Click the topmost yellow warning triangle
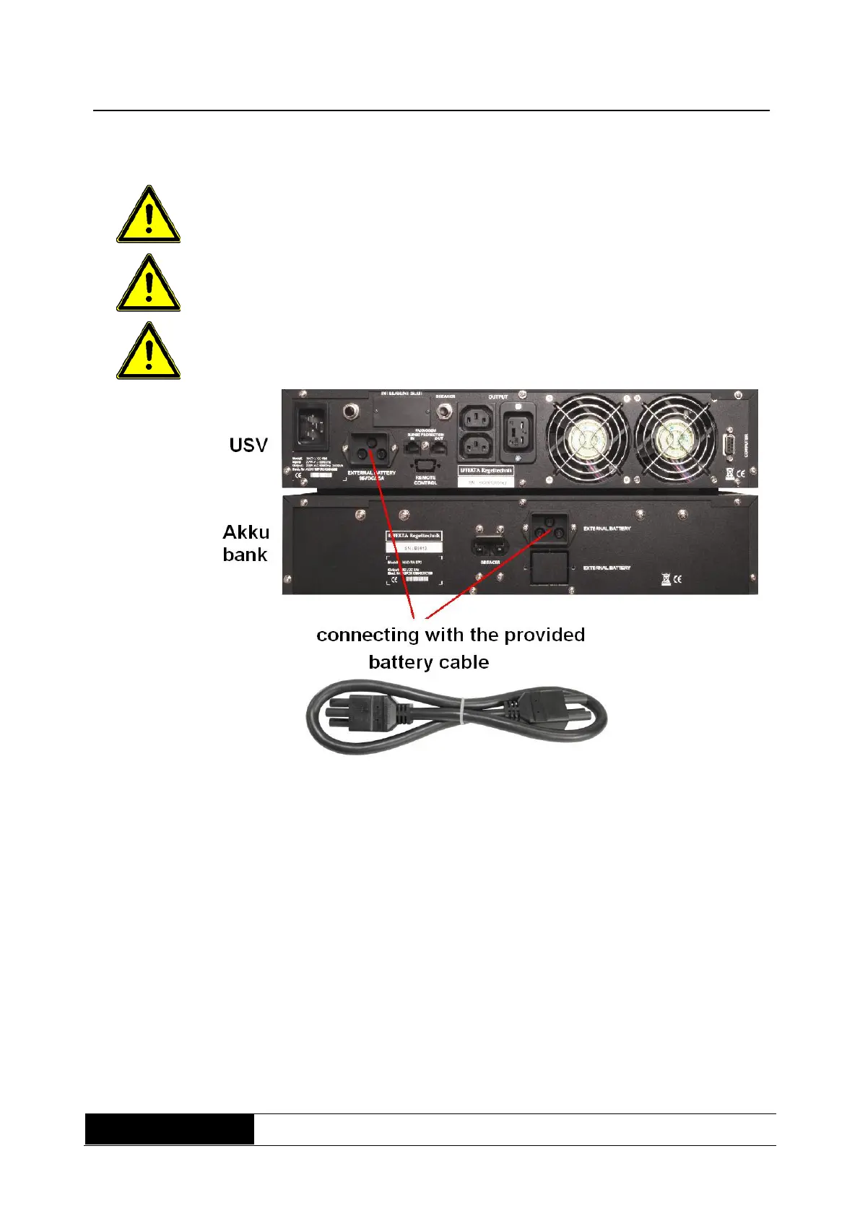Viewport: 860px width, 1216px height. click(x=148, y=216)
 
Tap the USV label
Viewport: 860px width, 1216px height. click(x=248, y=445)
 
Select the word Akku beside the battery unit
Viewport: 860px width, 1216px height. click(x=246, y=532)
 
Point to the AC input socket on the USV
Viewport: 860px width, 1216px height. click(x=310, y=420)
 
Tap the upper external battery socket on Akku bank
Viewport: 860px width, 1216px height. click(x=549, y=528)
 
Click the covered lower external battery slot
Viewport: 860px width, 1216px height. click(x=548, y=567)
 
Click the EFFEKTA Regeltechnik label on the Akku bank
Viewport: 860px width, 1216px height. click(x=414, y=537)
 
